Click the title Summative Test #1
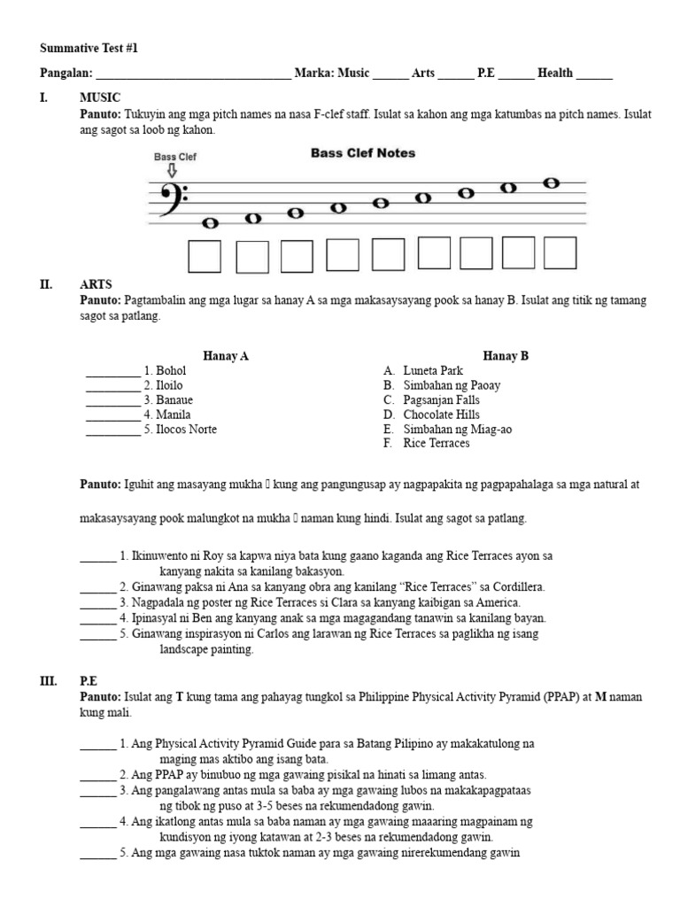click(x=89, y=48)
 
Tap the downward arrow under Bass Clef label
click(x=172, y=171)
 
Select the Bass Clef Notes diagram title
click(x=363, y=153)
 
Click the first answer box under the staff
click(x=204, y=256)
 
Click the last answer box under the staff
click(x=560, y=253)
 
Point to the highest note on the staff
click(x=551, y=183)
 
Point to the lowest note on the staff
click(x=212, y=223)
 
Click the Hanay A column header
click(x=226, y=356)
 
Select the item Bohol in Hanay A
click(x=171, y=371)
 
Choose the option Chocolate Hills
click(x=441, y=415)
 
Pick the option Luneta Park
click(x=432, y=371)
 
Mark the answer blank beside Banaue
click(x=112, y=400)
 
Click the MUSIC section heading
click(x=100, y=97)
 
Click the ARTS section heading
click(x=96, y=285)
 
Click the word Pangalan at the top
click(x=66, y=74)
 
